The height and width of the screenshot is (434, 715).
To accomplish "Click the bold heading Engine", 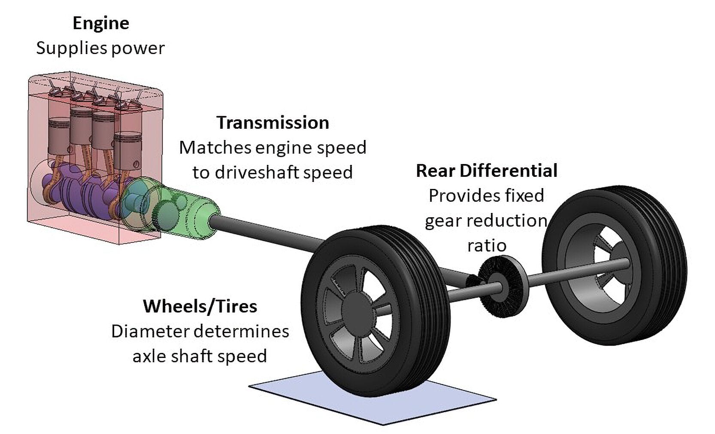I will point(101,23).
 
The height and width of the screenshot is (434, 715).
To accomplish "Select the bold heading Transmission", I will point(273,123).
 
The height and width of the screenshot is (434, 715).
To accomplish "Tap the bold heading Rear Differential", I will point(487,171).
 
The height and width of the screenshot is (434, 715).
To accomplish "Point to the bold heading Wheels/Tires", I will point(200,307).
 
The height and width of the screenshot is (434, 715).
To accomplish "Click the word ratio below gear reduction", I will point(487,246).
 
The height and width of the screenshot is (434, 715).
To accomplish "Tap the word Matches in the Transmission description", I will point(215,148).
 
